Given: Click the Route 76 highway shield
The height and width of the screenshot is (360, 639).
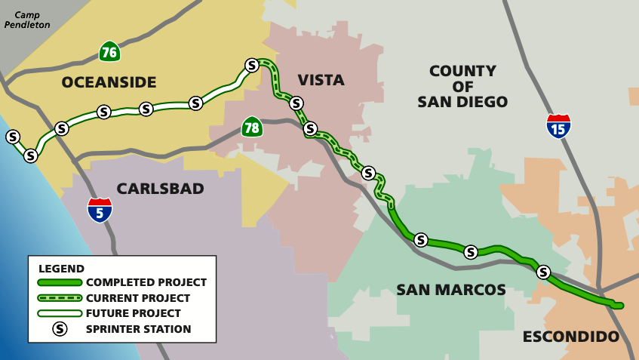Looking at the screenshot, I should [109, 51].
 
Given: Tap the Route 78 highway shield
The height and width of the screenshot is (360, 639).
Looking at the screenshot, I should [252, 127].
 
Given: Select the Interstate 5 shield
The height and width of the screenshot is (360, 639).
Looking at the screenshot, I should [100, 210].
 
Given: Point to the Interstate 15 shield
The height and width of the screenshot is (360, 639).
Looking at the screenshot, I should [558, 126].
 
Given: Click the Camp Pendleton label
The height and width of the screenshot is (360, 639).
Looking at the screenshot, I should [27, 20].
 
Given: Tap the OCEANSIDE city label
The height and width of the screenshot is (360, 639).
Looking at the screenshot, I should [109, 82].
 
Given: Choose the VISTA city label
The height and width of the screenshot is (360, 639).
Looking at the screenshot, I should [321, 80].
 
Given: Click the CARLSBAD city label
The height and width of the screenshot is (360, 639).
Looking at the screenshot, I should [160, 189].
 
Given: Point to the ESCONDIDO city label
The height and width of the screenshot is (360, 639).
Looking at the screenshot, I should [570, 337].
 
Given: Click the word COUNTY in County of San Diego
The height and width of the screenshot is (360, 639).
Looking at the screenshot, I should [462, 71].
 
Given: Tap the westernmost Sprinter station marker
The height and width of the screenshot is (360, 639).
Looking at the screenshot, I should [13, 137].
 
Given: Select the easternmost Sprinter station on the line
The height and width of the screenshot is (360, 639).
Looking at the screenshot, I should [542, 272].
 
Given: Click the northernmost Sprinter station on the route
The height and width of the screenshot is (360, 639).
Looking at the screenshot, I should [252, 65].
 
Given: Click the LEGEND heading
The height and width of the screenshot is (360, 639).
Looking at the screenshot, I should [61, 268].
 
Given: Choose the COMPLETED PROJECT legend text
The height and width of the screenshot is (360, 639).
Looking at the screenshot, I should [146, 282].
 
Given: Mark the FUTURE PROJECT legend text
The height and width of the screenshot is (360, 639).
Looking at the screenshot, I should [134, 313].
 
